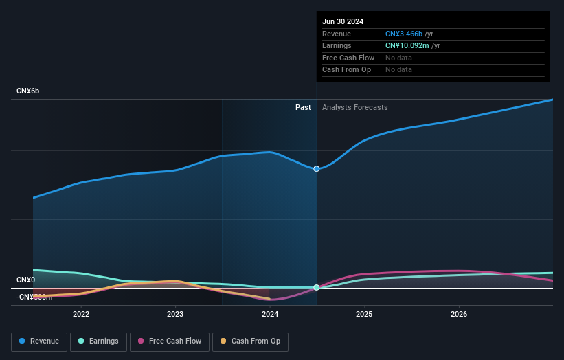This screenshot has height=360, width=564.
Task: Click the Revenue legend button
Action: pos(40,341)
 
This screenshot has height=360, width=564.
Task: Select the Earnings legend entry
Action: pos(98,341)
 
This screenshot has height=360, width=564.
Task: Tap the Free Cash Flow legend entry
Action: pos(170,341)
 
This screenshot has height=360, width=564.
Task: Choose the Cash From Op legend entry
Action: pos(250,341)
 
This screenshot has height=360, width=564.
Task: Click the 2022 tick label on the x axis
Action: pos(81,315)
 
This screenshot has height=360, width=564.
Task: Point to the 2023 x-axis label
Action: pos(175,315)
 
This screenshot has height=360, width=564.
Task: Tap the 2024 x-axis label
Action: pos(270,315)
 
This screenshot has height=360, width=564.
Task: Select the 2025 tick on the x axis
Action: pos(364,315)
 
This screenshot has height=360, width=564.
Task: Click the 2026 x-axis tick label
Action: pos(459,315)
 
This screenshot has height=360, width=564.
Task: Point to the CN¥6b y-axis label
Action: pos(28,91)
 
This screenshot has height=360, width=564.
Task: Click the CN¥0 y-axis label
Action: pos(26,280)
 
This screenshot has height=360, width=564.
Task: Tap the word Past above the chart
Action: pos(303,107)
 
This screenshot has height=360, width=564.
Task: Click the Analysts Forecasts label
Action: pos(354,107)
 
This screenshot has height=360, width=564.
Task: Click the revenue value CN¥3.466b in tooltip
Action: pos(404,34)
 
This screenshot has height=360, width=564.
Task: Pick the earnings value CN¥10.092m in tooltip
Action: pos(408,46)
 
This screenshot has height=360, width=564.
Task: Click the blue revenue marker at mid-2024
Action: pos(317,168)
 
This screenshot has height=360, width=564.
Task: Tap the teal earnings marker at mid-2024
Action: pos(317,287)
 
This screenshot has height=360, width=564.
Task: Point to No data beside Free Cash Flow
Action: pos(398,58)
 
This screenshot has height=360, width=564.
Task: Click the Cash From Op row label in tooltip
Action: pos(347,70)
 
